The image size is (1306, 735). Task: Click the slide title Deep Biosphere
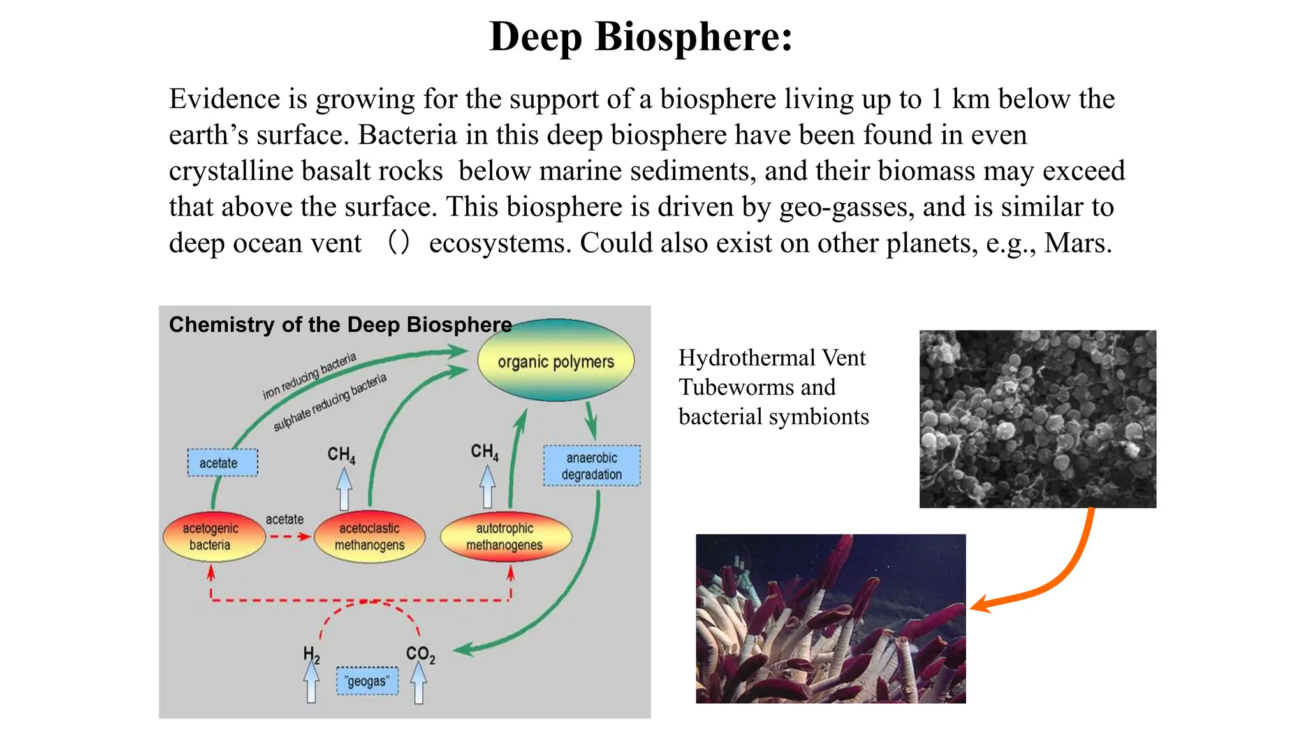tap(641, 36)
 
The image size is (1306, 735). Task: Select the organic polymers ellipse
tap(555, 360)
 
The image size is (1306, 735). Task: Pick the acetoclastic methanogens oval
tap(369, 537)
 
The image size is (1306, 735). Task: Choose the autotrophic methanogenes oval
tap(505, 537)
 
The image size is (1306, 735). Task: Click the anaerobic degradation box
tap(592, 466)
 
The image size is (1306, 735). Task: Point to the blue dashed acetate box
tap(222, 463)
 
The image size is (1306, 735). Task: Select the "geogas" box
tap(367, 681)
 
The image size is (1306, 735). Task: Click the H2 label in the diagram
tap(311, 654)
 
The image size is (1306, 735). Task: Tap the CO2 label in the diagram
tap(420, 654)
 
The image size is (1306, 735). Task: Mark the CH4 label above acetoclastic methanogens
tap(341, 454)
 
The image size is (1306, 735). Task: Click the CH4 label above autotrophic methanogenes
tap(485, 452)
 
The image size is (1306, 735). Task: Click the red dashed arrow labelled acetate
tap(289, 537)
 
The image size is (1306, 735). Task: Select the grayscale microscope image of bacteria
tap(1038, 419)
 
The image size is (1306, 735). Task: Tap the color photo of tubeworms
tap(830, 618)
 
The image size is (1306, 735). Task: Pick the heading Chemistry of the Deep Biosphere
tap(340, 325)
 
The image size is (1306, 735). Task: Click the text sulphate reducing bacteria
tap(330, 402)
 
